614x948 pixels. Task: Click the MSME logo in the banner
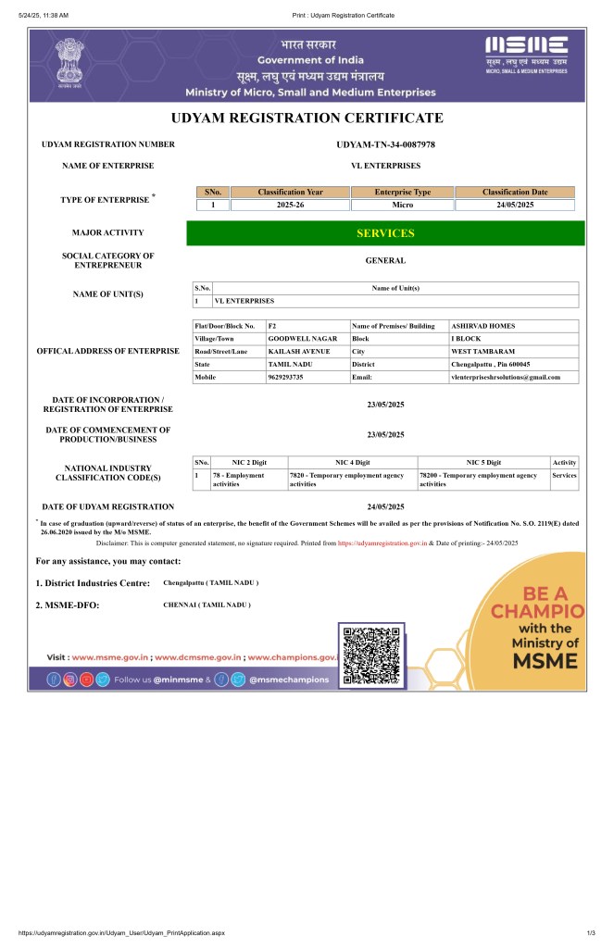pyautogui.click(x=527, y=55)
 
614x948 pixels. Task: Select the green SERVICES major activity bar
pyautogui.click(x=385, y=233)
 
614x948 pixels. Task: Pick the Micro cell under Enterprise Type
pyautogui.click(x=402, y=205)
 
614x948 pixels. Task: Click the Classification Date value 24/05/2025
pyautogui.click(x=515, y=205)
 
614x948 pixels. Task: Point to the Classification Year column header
pyautogui.click(x=290, y=192)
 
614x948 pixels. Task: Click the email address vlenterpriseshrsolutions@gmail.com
pyautogui.click(x=506, y=377)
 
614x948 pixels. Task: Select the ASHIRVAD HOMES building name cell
pyautogui.click(x=482, y=326)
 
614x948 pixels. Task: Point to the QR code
pyautogui.click(x=372, y=655)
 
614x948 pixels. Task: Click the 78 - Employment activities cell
pyautogui.click(x=239, y=480)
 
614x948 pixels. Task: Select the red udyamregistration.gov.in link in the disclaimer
pyautogui.click(x=382, y=543)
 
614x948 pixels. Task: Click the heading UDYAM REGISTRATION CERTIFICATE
pyautogui.click(x=307, y=118)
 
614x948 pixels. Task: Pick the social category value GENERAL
pyautogui.click(x=385, y=261)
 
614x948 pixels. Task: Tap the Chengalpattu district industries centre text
pyautogui.click(x=211, y=583)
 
